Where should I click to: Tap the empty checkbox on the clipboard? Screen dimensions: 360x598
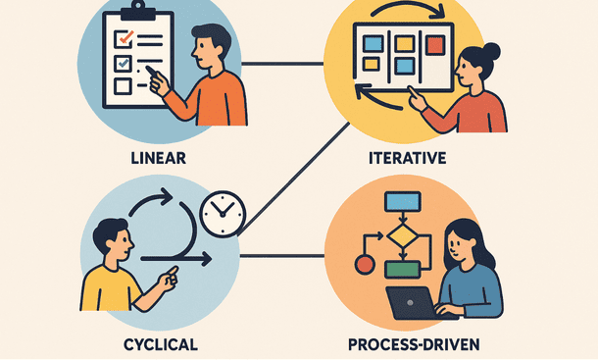pos(123,86)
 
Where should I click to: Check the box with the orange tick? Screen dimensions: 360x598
pos(124,39)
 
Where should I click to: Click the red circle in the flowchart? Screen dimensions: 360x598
pos(364,264)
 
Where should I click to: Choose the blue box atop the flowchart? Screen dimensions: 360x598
pos(402,202)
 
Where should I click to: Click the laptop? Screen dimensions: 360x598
pos(412,301)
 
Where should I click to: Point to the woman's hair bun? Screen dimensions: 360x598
pos(491,51)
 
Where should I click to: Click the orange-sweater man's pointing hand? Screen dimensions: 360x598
pos(159,83)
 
